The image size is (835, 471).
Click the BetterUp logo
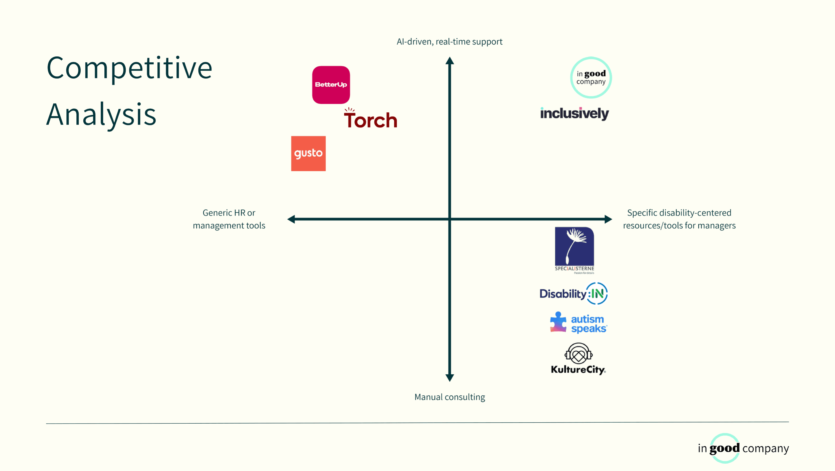pyautogui.click(x=331, y=85)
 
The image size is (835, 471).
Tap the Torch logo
pyautogui.click(x=370, y=119)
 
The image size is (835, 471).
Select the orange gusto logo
pyautogui.click(x=308, y=153)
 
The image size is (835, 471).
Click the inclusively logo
pyautogui.click(x=574, y=113)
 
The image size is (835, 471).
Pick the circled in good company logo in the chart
pyautogui.click(x=591, y=78)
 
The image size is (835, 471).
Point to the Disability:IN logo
pyautogui.click(x=574, y=294)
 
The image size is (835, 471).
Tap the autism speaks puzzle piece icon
pyautogui.click(x=558, y=322)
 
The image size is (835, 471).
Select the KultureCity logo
pyautogui.click(x=578, y=359)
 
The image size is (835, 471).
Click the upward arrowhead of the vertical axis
pyautogui.click(x=450, y=61)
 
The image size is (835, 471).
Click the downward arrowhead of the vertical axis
pyautogui.click(x=450, y=378)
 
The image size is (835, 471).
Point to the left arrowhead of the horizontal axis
pyautogui.click(x=291, y=219)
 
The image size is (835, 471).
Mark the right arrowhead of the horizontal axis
pyautogui.click(x=608, y=219)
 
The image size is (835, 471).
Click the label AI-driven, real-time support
pyautogui.click(x=449, y=42)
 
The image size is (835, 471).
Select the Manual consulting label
pyautogui.click(x=450, y=397)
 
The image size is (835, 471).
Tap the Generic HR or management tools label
pyautogui.click(x=229, y=219)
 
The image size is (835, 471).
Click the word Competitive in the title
pyautogui.click(x=129, y=68)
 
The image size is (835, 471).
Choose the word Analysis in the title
pyautogui.click(x=101, y=115)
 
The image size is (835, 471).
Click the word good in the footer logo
pyautogui.click(x=725, y=448)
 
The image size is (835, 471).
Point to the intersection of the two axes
pyautogui.click(x=450, y=219)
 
